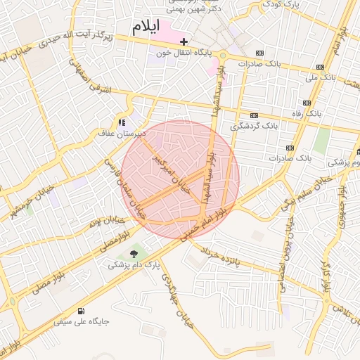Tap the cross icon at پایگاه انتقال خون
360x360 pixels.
point(184,42)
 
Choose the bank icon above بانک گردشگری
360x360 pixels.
point(254,116)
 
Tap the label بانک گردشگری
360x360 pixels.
point(257,126)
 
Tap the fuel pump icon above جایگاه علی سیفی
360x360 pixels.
point(83,311)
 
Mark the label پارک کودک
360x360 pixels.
point(281,4)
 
